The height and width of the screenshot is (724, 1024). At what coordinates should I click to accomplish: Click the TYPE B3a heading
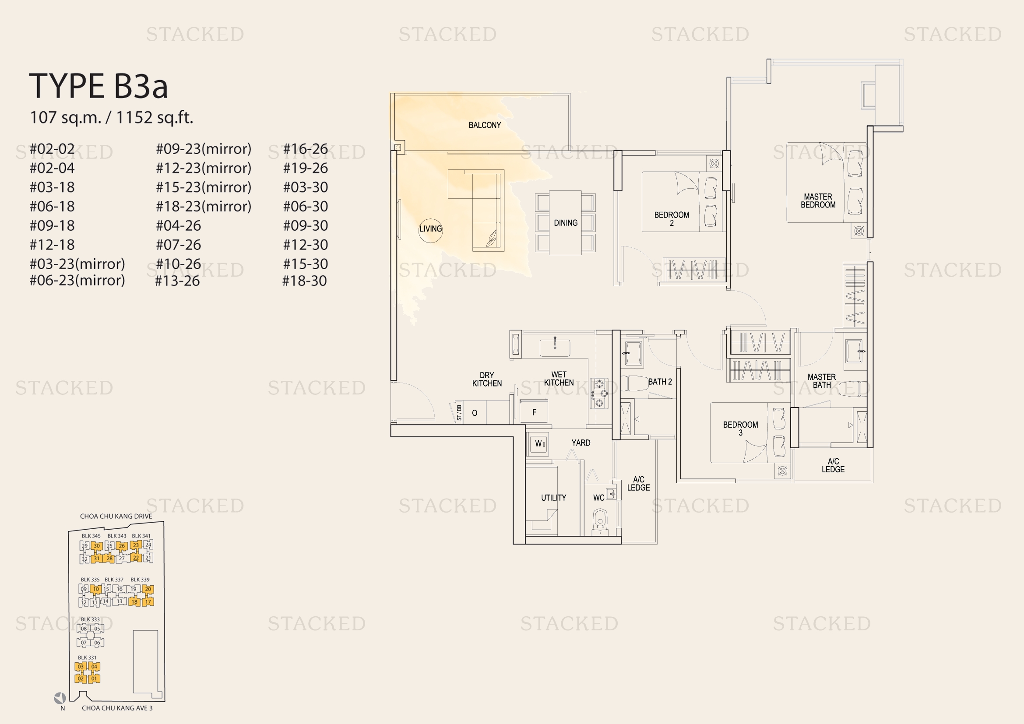coord(99,86)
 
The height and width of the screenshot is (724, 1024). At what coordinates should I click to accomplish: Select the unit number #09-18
coord(52,225)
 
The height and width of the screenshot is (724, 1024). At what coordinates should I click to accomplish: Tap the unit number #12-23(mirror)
coord(204,168)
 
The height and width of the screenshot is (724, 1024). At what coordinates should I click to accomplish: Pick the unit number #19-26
coord(306,168)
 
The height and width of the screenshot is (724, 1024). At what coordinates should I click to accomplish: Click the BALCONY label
coord(485,125)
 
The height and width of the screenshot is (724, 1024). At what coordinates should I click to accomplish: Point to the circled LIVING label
coord(430,228)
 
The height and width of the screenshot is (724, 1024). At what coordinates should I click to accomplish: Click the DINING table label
coord(566,223)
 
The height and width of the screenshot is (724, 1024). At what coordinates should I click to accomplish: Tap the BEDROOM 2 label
coord(672,219)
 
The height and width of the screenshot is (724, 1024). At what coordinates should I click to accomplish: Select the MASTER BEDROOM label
coord(818,200)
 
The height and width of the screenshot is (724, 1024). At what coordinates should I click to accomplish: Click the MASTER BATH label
coord(821,381)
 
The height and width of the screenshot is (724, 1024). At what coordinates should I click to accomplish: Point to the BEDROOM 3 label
coord(740,429)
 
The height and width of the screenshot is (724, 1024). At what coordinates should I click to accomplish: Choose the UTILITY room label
coord(553,498)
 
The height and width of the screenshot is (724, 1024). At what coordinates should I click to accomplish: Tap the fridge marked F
coord(534,411)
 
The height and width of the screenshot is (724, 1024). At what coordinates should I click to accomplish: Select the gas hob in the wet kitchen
coord(599,393)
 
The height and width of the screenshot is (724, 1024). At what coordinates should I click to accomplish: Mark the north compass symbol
coord(60,698)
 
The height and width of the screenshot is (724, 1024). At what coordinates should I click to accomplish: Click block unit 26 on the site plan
coord(122,546)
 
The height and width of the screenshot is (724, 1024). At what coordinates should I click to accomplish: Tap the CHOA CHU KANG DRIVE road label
coord(116,516)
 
